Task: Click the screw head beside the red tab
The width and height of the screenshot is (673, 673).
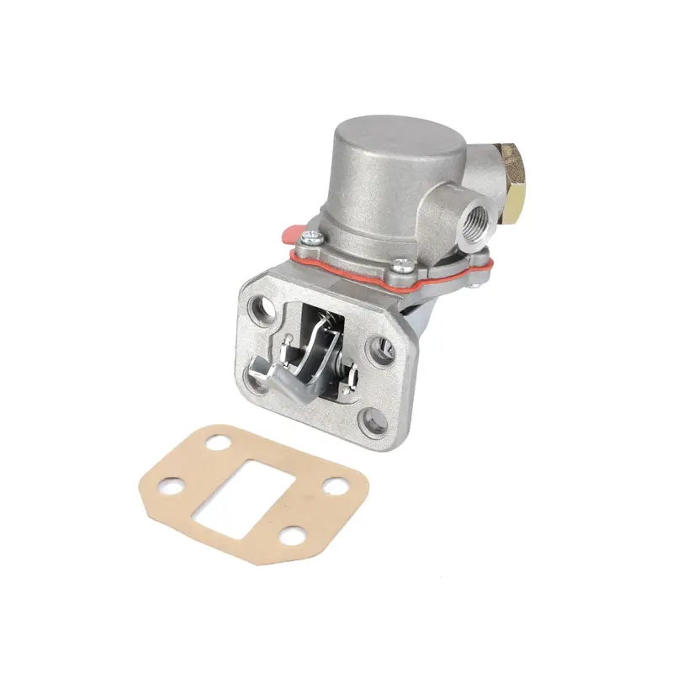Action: point(312,239)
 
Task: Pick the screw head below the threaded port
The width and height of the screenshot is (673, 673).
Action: point(400,268)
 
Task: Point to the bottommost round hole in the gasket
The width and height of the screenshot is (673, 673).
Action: point(290,534)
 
